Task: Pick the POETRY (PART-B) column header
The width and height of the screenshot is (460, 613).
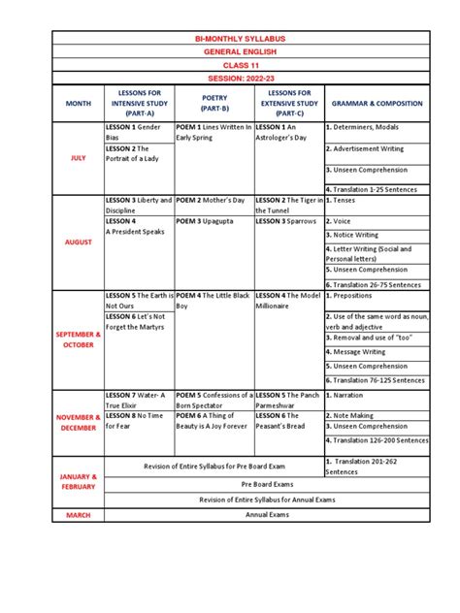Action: coord(214,102)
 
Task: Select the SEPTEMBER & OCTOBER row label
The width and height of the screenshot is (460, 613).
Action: coord(78,339)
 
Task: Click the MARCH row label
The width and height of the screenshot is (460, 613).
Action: coord(78,515)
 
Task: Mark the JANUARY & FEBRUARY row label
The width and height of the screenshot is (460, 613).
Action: coord(78,482)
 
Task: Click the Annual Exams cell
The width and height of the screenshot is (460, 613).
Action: coord(267,515)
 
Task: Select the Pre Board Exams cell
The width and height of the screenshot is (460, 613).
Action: coord(267,482)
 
